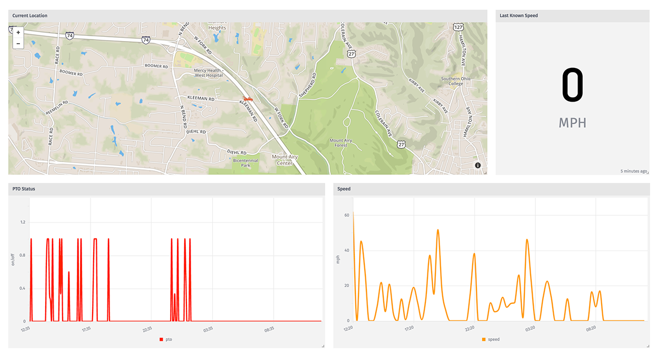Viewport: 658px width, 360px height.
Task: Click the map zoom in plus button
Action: tap(18, 33)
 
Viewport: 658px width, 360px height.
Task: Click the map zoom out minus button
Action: tap(18, 43)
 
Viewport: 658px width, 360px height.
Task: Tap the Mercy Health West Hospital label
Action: tap(208, 73)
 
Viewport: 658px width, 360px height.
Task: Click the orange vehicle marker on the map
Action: tap(248, 98)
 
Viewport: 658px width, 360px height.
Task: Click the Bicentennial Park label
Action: tap(245, 162)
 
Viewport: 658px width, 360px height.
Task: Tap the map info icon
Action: tap(478, 165)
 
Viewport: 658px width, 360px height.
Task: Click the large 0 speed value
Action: tap(572, 86)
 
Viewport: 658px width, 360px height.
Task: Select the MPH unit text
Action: tap(572, 123)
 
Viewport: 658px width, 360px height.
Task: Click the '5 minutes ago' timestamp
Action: tap(633, 171)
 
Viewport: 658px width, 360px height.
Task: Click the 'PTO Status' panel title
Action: tap(24, 188)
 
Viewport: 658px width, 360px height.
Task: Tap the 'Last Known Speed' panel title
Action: tap(519, 16)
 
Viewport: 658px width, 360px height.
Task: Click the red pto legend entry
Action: tap(166, 339)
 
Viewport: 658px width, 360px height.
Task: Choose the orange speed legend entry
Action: tap(491, 339)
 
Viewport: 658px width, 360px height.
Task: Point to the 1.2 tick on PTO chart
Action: tap(23, 222)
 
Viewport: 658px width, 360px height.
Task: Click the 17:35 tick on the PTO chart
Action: tap(86, 329)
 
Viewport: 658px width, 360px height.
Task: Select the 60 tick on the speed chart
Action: tap(347, 215)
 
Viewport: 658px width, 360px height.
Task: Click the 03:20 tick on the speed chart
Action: tap(530, 328)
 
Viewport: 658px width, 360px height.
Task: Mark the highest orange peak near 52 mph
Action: tap(437, 230)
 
